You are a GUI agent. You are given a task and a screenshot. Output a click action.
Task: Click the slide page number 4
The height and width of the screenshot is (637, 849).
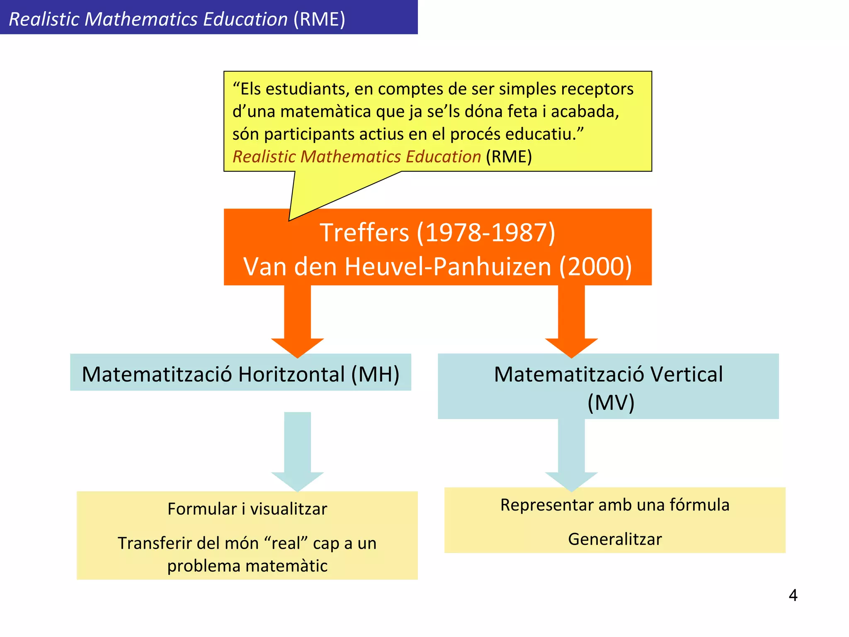pyautogui.click(x=793, y=596)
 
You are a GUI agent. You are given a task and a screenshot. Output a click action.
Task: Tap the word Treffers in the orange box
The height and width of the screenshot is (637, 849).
pyautogui.click(x=364, y=233)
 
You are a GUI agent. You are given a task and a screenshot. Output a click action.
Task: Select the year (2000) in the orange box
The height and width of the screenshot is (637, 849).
pyautogui.click(x=595, y=266)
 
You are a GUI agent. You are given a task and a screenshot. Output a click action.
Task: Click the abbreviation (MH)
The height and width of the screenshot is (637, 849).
pyautogui.click(x=375, y=374)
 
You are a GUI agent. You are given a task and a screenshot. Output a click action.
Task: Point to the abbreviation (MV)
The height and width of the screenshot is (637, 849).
pyautogui.click(x=611, y=402)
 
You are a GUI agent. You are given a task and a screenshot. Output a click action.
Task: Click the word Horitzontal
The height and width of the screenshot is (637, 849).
pyautogui.click(x=291, y=374)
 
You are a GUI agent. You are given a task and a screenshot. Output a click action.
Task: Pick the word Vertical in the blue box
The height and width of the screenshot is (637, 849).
pyautogui.click(x=686, y=374)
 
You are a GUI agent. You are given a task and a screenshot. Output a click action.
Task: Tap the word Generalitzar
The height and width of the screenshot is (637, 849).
pyautogui.click(x=615, y=539)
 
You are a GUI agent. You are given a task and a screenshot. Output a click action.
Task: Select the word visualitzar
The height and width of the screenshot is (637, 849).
pyautogui.click(x=289, y=509)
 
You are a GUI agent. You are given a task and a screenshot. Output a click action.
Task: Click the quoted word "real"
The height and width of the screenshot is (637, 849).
pyautogui.click(x=286, y=543)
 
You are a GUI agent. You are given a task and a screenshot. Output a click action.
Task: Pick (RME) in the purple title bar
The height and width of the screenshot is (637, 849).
pyautogui.click(x=319, y=19)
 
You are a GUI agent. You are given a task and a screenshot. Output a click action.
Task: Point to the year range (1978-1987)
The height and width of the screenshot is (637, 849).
pyautogui.click(x=486, y=233)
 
